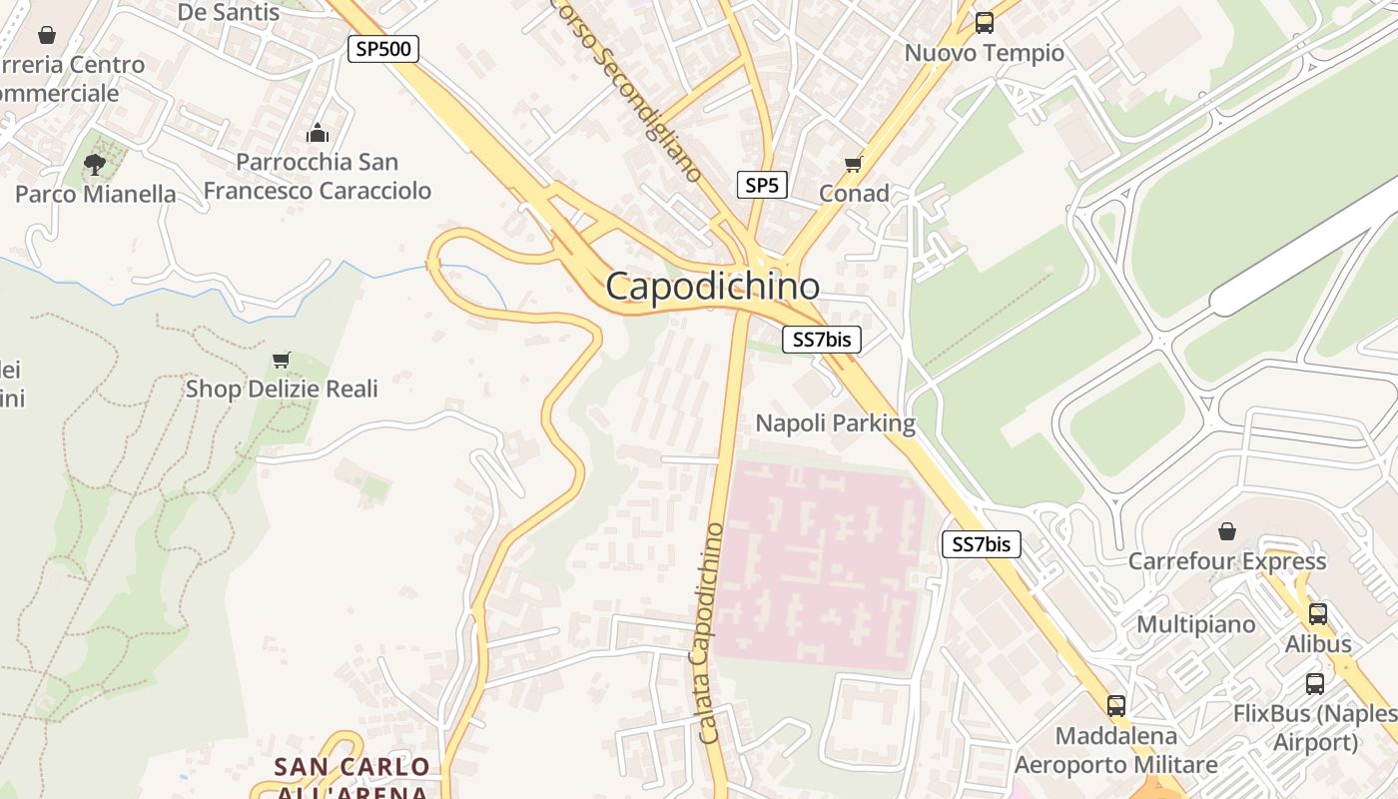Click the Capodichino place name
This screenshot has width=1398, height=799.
pos(712,287)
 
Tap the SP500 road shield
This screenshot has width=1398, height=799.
pos(382,48)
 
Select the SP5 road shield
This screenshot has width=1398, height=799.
pos(762,185)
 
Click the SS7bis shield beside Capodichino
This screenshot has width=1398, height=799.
pos(821,340)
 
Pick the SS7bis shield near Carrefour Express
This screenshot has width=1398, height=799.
pos(982,544)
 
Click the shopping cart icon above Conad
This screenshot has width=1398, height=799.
pos(853,164)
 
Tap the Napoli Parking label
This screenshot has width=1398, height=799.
pos(835,423)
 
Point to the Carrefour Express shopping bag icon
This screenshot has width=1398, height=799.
pos(1226,531)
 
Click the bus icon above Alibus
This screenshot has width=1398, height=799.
pos(1317,614)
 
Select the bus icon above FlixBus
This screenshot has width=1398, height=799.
pos(1315,684)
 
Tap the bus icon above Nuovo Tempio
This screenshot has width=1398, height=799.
pos(985,23)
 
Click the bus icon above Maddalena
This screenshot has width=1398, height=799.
pos(1115,706)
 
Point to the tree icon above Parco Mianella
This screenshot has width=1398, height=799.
pos(95,164)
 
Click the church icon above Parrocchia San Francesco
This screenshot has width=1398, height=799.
pos(317,132)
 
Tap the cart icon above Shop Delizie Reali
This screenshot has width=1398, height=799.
pos(282,360)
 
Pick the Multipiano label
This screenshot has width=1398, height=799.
pos(1196,624)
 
